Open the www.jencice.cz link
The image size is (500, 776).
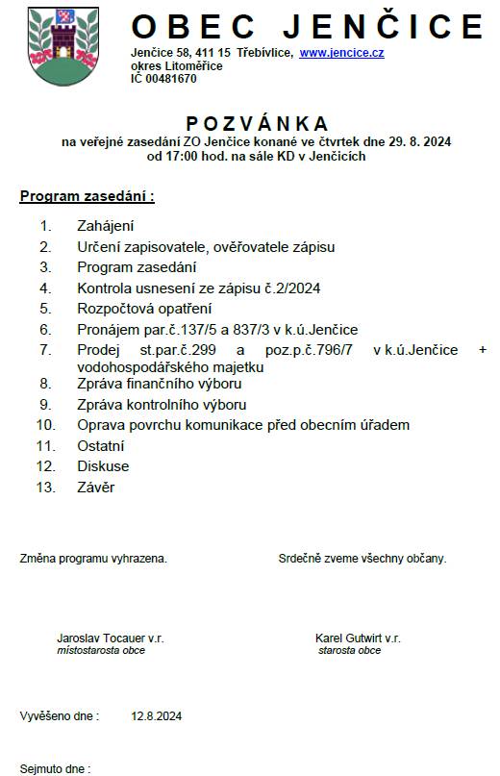pyautogui.click(x=341, y=53)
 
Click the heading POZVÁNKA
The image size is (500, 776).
pyautogui.click(x=257, y=123)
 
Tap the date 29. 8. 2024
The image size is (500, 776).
pyautogui.click(x=420, y=141)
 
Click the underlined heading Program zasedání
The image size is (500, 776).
pyautogui.click(x=87, y=196)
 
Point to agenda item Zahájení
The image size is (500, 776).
pyautogui.click(x=105, y=226)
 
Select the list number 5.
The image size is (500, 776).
pyautogui.click(x=44, y=309)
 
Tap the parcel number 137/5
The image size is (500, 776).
pyautogui.click(x=206, y=329)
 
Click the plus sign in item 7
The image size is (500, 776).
pyautogui.click(x=482, y=350)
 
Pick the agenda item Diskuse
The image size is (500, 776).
pyautogui.click(x=103, y=466)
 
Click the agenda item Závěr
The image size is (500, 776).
pyautogui.click(x=95, y=488)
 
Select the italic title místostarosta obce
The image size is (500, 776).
pyautogui.click(x=101, y=651)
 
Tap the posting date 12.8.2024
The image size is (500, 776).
pyautogui.click(x=157, y=716)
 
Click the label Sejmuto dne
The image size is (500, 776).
pyautogui.click(x=55, y=769)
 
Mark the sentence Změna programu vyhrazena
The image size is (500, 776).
pyautogui.click(x=93, y=558)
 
